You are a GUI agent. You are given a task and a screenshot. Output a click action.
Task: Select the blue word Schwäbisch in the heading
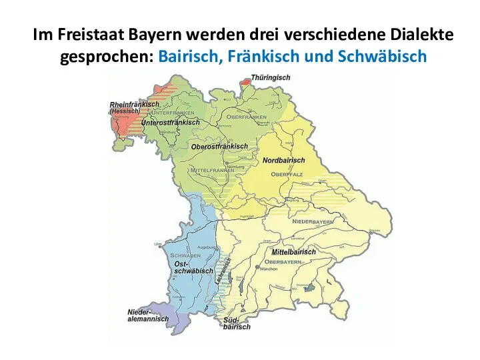tap(383, 57)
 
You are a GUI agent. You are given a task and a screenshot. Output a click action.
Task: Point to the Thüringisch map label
tap(271, 78)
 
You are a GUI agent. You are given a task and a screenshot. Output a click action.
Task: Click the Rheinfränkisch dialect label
tap(134, 105)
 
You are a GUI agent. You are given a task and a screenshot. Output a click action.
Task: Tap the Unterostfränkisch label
tap(170, 123)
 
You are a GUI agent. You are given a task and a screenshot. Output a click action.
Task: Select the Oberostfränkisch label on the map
tap(219, 147)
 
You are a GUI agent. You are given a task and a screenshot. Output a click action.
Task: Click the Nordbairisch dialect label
tap(283, 161)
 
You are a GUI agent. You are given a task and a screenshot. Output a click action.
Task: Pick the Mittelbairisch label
tap(293, 253)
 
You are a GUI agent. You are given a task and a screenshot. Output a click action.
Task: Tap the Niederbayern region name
tap(312, 221)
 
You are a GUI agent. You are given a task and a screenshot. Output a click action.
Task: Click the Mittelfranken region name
tap(212, 171)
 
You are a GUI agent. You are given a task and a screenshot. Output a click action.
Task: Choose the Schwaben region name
tap(186, 256)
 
